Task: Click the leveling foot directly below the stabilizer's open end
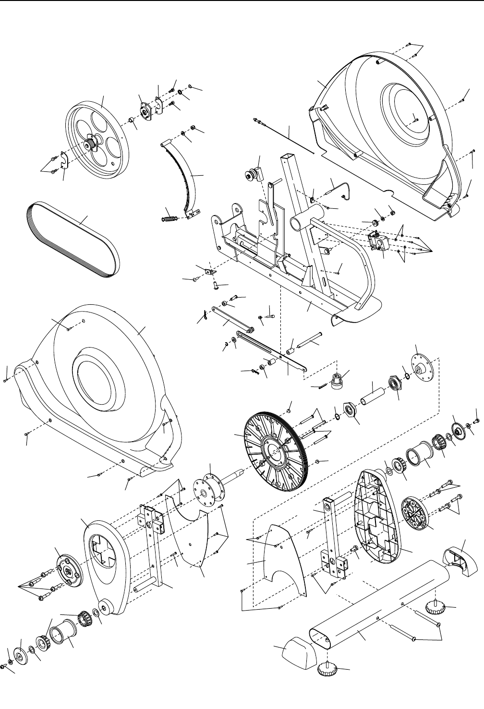tap(328, 669)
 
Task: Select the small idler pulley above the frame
tap(252, 174)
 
